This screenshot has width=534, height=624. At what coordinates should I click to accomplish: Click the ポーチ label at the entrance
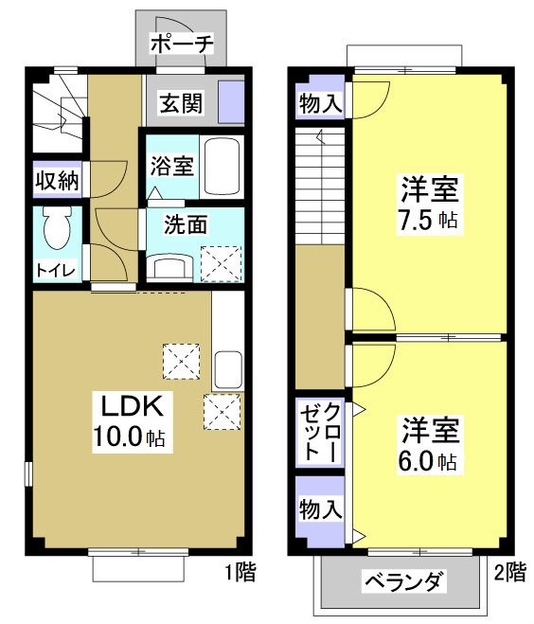[x=183, y=45]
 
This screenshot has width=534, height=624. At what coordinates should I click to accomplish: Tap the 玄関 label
[x=180, y=103]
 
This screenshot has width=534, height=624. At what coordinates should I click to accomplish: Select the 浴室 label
[x=171, y=166]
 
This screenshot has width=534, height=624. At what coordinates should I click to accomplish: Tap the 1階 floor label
[x=237, y=573]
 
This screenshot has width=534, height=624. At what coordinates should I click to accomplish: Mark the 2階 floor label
[x=509, y=572]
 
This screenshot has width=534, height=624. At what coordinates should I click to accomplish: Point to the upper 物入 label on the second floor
[x=320, y=102]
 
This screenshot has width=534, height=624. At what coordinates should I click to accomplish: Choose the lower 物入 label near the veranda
[x=320, y=508]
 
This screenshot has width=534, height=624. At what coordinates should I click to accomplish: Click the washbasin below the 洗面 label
[x=172, y=266]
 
